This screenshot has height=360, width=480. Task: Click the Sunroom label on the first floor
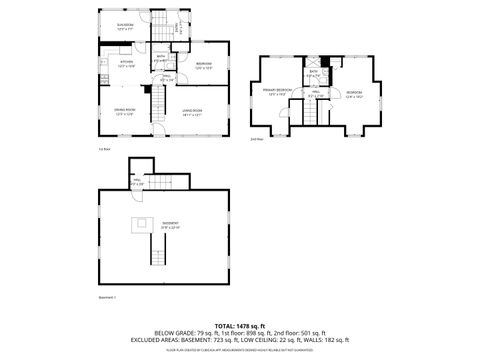tap(125, 26)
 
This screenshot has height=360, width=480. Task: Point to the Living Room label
tap(193, 112)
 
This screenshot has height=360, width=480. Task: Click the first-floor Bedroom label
tap(204, 66)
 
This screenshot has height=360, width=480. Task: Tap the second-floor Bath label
tap(313, 72)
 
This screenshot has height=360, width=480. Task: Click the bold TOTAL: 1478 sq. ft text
tap(239, 325)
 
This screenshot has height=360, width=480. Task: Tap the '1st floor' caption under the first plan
tap(103, 148)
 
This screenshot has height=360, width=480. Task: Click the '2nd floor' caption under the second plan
tap(257, 139)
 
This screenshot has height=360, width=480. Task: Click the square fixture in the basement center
tap(142, 222)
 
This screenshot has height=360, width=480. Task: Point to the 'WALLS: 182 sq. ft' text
tap(319, 340)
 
